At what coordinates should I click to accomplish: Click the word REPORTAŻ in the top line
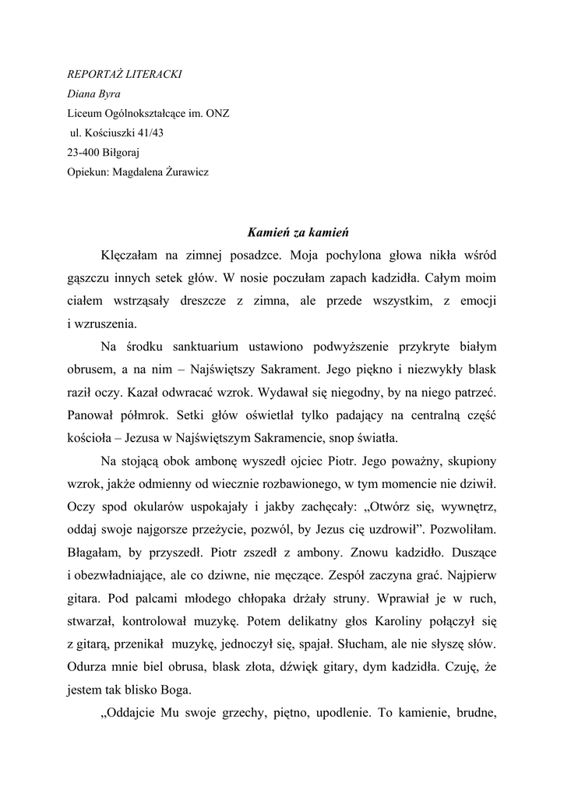coord(94,76)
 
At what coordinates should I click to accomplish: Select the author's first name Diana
coord(81,95)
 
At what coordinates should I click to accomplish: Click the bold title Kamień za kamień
coord(298,231)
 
